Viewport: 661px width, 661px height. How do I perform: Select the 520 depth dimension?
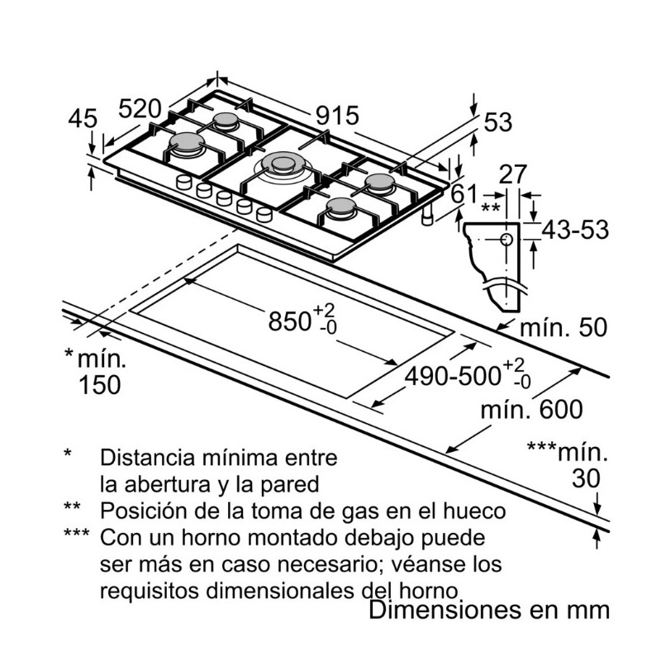[x=139, y=108]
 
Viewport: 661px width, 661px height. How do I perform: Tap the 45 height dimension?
[x=83, y=119]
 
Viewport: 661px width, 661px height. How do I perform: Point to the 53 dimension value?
[x=498, y=122]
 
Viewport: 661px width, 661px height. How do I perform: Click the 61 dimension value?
[x=465, y=195]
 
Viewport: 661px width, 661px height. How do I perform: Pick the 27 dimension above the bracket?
[x=514, y=174]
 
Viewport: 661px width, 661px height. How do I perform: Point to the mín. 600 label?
[x=532, y=409]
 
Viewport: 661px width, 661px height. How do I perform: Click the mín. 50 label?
[x=563, y=327]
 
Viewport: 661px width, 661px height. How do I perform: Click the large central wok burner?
[x=283, y=165]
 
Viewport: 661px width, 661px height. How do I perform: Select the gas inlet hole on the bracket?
[x=505, y=239]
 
